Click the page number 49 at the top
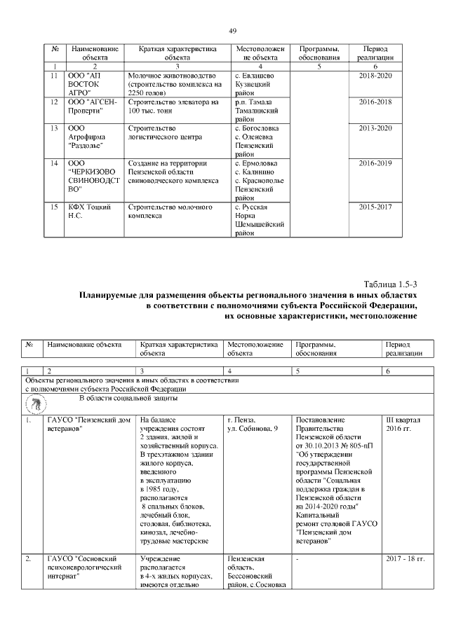pyautogui.click(x=233, y=30)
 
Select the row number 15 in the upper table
pyautogui.click(x=55, y=208)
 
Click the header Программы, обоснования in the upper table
pyautogui.click(x=319, y=53)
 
